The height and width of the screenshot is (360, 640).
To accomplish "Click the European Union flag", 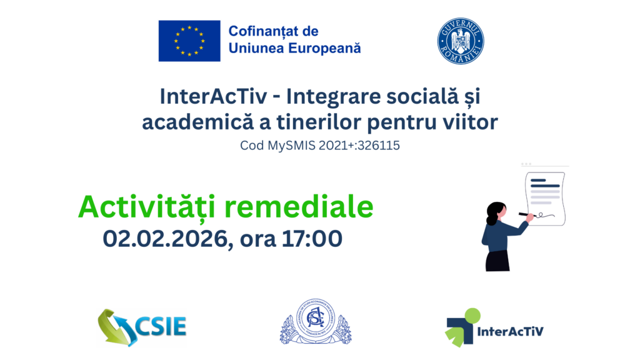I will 189,41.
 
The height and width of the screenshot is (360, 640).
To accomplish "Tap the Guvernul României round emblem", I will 461,41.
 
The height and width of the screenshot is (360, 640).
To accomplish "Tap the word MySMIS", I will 284,146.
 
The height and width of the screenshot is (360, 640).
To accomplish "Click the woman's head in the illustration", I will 496,211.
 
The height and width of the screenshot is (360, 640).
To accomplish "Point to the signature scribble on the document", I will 548,216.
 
